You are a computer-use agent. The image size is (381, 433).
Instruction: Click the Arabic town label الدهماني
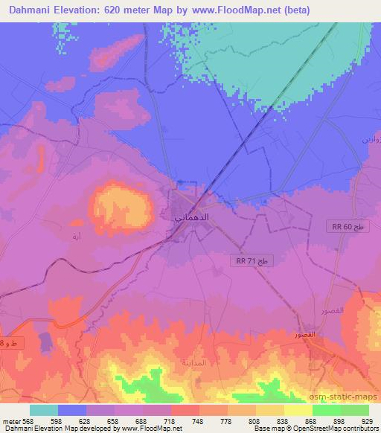tap(185, 220)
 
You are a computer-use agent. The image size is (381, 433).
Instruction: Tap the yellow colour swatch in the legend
tap(298, 410)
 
